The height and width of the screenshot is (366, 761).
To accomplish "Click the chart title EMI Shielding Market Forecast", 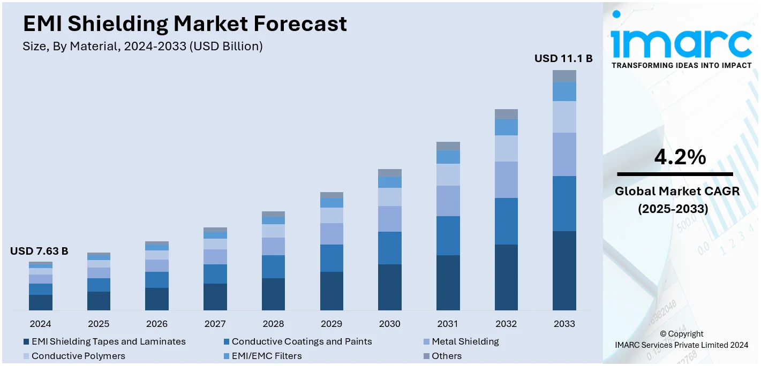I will point(185,24).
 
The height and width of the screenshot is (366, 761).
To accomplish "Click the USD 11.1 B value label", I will point(563,59).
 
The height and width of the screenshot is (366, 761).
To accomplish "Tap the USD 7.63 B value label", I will point(39,251).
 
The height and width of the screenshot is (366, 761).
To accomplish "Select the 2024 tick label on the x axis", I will point(41,324).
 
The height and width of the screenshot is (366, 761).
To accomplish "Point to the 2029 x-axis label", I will point(331,324).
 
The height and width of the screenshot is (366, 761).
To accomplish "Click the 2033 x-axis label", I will point(564,324).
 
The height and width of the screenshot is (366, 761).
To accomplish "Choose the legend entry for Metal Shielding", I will point(465,341).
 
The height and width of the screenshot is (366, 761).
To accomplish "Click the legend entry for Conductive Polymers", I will point(78,356).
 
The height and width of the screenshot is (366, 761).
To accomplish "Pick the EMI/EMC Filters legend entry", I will point(266,356).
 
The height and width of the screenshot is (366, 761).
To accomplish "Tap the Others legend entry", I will point(446,356).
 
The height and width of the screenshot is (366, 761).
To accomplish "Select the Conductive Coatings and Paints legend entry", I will point(302,341).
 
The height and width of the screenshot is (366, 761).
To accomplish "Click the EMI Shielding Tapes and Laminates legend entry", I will point(108,341).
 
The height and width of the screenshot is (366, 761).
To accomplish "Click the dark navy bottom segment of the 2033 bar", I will point(564,270).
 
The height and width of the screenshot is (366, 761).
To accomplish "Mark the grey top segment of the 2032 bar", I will point(506,114).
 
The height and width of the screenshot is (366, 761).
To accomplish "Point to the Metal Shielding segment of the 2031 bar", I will point(448,201).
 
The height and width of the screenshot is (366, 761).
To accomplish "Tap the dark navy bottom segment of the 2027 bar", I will point(215,296).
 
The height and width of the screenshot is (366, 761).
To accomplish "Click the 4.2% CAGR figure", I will point(680,157).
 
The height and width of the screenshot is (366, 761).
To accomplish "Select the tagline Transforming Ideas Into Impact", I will point(681,65).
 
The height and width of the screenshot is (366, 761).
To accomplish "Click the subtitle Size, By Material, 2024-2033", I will point(142,47).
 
